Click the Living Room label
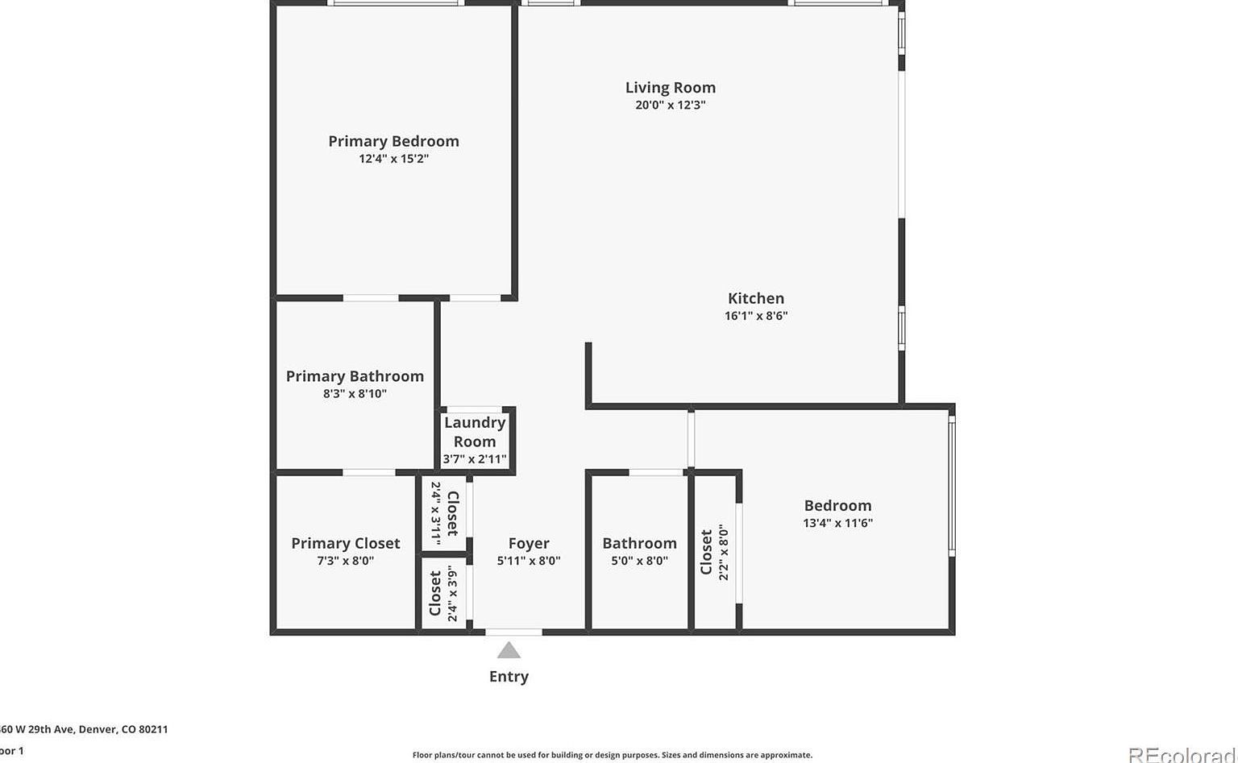(x=670, y=87)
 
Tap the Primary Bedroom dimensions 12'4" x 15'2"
(x=393, y=159)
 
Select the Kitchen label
(x=755, y=298)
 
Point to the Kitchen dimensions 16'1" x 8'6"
(x=755, y=316)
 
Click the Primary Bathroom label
(x=355, y=376)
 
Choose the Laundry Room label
(x=475, y=431)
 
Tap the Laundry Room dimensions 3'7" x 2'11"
(x=475, y=459)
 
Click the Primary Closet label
(x=345, y=543)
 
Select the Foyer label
(x=529, y=543)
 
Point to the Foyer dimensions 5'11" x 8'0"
(x=529, y=561)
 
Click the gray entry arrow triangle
(x=509, y=650)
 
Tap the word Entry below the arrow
(x=509, y=677)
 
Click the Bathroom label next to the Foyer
(x=639, y=543)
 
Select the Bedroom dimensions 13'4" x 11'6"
(x=837, y=523)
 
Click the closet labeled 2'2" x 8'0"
(x=714, y=552)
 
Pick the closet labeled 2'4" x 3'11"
(x=444, y=513)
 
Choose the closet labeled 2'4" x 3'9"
(x=444, y=594)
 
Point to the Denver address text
(x=84, y=729)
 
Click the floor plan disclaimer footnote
(x=612, y=755)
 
